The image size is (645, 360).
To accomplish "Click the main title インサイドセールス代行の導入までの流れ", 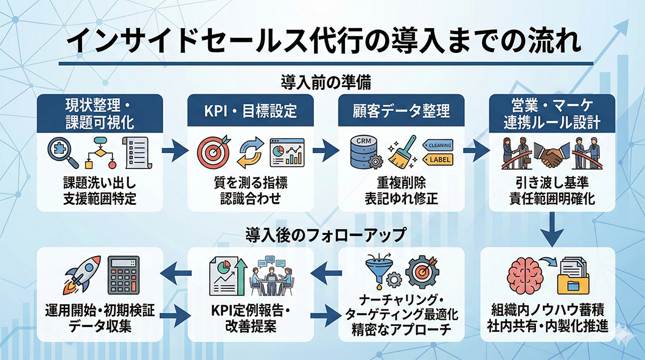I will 322,42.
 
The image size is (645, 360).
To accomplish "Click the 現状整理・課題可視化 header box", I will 99,113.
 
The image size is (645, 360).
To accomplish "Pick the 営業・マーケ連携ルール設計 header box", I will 552,113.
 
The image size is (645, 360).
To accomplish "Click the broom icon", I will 402,152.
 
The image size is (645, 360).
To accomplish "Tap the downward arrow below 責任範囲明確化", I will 553,228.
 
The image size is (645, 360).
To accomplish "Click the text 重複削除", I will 402,184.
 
